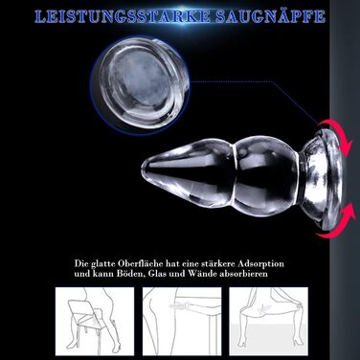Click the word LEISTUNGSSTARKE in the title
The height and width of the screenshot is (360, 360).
[123, 16]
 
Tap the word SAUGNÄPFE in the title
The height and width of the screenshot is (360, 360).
[270, 16]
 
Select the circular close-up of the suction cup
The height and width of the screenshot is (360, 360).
[140, 85]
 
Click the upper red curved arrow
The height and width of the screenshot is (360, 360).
[335, 133]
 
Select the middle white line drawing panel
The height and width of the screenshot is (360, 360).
[182, 322]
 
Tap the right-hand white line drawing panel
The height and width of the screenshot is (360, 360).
[269, 322]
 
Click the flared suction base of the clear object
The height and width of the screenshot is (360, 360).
[323, 179]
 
